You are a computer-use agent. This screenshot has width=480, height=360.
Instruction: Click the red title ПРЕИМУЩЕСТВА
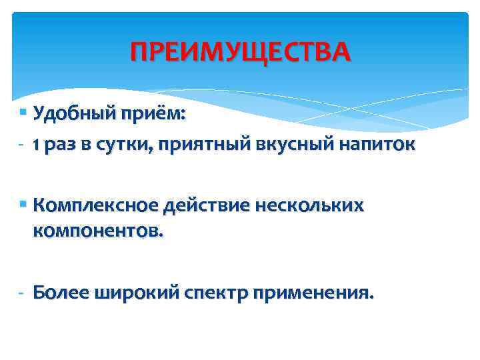click(x=239, y=51)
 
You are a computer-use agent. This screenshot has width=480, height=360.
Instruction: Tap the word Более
click(x=61, y=292)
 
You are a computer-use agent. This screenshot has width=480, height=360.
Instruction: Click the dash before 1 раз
click(x=21, y=145)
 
